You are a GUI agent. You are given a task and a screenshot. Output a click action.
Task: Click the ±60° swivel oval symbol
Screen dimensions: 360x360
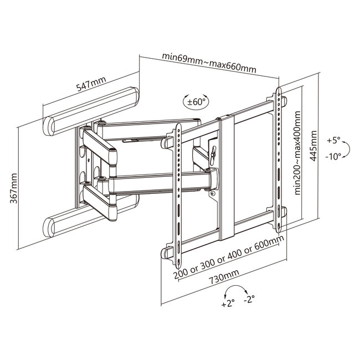tap(196, 102)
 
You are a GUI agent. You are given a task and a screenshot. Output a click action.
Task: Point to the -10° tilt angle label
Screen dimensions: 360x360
tap(334, 156)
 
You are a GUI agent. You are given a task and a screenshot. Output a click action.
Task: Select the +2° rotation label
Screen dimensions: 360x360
tap(227, 304)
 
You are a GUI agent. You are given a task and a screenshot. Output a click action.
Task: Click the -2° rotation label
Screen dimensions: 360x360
tap(249, 299)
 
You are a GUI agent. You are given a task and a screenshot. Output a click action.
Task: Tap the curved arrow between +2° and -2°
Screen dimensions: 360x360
tap(239, 290)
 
